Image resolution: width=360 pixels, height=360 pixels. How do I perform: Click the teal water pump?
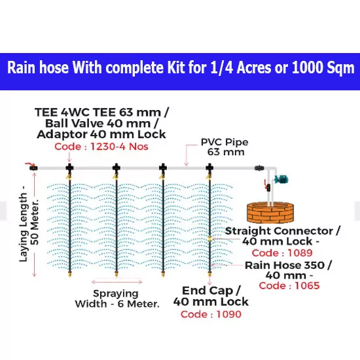[281, 179]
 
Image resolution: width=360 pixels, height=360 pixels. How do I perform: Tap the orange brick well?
[270, 212]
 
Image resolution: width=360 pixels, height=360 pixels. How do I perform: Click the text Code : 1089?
[282, 253]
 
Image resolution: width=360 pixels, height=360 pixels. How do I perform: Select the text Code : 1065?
[289, 285]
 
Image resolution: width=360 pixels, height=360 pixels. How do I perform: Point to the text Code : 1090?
[211, 314]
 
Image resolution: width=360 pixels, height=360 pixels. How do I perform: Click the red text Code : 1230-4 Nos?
[101, 147]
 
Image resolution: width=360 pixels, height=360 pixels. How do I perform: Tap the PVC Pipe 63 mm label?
[225, 147]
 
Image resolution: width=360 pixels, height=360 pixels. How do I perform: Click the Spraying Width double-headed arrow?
[117, 281]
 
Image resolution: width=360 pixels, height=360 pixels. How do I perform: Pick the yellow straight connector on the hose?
[209, 239]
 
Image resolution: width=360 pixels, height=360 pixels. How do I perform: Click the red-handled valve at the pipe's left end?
[32, 166]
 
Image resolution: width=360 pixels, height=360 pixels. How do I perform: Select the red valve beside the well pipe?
[267, 185]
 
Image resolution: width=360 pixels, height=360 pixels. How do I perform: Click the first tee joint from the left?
[69, 168]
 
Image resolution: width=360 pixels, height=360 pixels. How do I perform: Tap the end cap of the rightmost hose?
[209, 274]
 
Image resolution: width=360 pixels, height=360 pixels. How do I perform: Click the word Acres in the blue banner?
[254, 67]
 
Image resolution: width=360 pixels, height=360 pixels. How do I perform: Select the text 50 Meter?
[35, 223]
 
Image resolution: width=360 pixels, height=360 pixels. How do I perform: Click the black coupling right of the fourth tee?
[259, 168]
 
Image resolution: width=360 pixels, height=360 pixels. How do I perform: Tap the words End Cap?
[208, 291]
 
